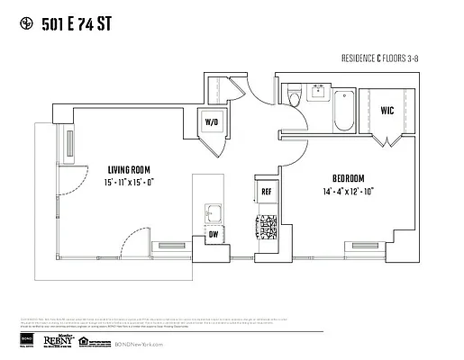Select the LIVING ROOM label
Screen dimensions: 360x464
pyautogui.click(x=129, y=168)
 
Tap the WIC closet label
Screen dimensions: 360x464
pyautogui.click(x=387, y=111)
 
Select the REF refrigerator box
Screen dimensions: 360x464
pyautogui.click(x=267, y=192)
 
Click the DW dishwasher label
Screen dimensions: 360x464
pyautogui.click(x=214, y=235)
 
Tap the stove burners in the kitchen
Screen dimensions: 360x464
pyautogui.click(x=267, y=227)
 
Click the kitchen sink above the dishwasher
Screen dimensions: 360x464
pyautogui.click(x=213, y=213)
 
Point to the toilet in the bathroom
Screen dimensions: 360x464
pyautogui.click(x=292, y=94)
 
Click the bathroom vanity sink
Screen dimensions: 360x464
pyautogui.click(x=319, y=90)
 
